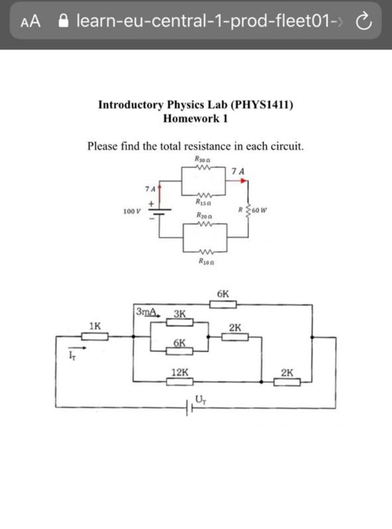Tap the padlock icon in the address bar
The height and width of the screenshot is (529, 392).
(64, 21)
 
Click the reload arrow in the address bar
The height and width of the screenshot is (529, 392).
(363, 21)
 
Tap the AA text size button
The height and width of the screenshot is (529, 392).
(30, 21)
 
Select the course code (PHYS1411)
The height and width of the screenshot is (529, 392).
(262, 105)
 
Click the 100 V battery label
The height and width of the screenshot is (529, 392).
(132, 211)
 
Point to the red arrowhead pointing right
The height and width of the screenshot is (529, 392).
(243, 181)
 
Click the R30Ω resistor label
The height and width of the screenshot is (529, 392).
(203, 159)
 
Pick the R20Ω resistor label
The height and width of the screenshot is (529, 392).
(204, 216)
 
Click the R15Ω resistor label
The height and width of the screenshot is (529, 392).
(203, 203)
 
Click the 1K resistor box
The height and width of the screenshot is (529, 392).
(95, 336)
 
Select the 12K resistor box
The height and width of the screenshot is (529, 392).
(180, 382)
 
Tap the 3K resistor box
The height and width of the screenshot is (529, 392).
(180, 322)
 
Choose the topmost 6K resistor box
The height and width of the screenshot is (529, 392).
(223, 305)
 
